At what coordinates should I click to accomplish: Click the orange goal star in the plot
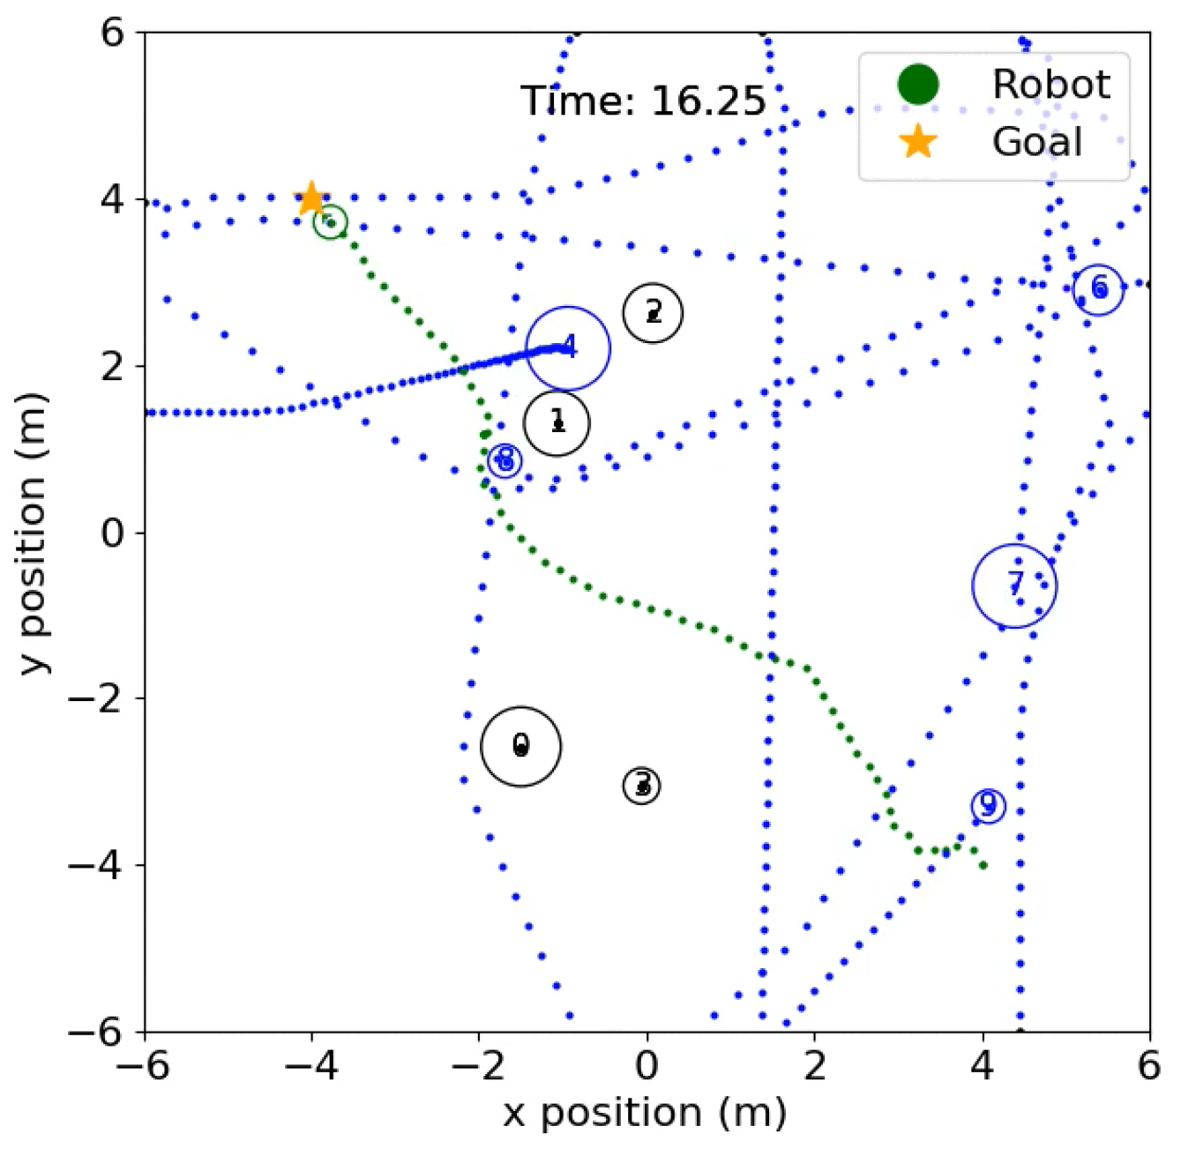[x=310, y=198]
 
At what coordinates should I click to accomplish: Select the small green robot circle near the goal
[x=330, y=221]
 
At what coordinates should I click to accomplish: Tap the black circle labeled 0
[x=520, y=746]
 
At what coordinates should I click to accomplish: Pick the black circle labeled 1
[x=557, y=422]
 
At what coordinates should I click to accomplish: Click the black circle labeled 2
[x=653, y=312]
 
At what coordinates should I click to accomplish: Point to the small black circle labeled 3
[x=642, y=785]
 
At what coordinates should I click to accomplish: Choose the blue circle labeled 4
[x=568, y=348]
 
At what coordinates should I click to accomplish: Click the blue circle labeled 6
[x=1098, y=288]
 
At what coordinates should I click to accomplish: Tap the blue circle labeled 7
[x=1014, y=585]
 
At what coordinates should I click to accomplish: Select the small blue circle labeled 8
[x=505, y=459]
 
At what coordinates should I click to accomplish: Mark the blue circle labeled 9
[x=988, y=805]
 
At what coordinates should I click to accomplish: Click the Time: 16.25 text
[x=643, y=101]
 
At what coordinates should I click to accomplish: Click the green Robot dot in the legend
[x=917, y=84]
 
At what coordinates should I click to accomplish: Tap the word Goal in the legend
[x=1037, y=142]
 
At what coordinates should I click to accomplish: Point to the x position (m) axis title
[x=645, y=1113]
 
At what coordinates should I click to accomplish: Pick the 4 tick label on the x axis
[x=983, y=1066]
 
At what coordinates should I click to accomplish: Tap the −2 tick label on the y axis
[x=99, y=698]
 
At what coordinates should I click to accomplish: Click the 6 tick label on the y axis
[x=113, y=34]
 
